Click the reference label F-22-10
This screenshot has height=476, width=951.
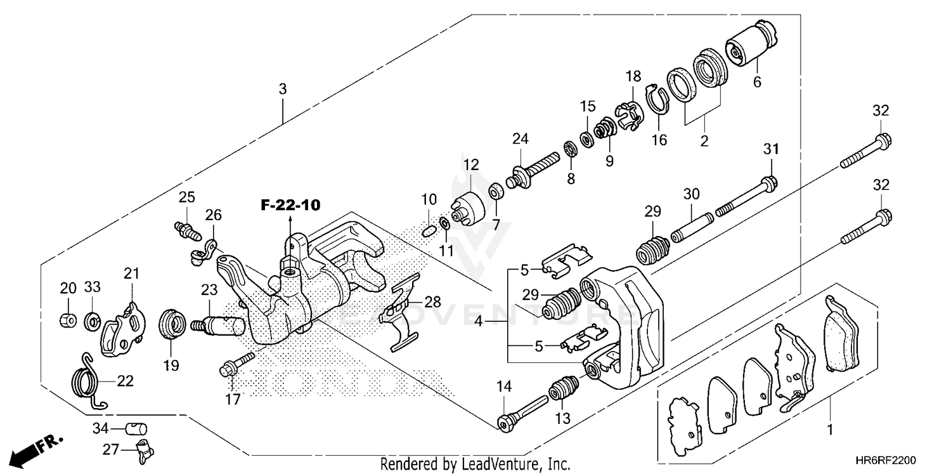[x=290, y=205]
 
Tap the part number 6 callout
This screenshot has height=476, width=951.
[x=756, y=82]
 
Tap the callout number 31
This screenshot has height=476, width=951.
[x=770, y=150]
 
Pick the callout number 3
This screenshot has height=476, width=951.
[x=283, y=89]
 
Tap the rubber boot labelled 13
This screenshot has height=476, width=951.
[x=562, y=390]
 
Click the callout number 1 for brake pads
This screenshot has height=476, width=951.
[x=830, y=430]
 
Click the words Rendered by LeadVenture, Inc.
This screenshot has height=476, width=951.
[x=475, y=465]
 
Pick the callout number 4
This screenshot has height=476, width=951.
[x=480, y=322]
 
